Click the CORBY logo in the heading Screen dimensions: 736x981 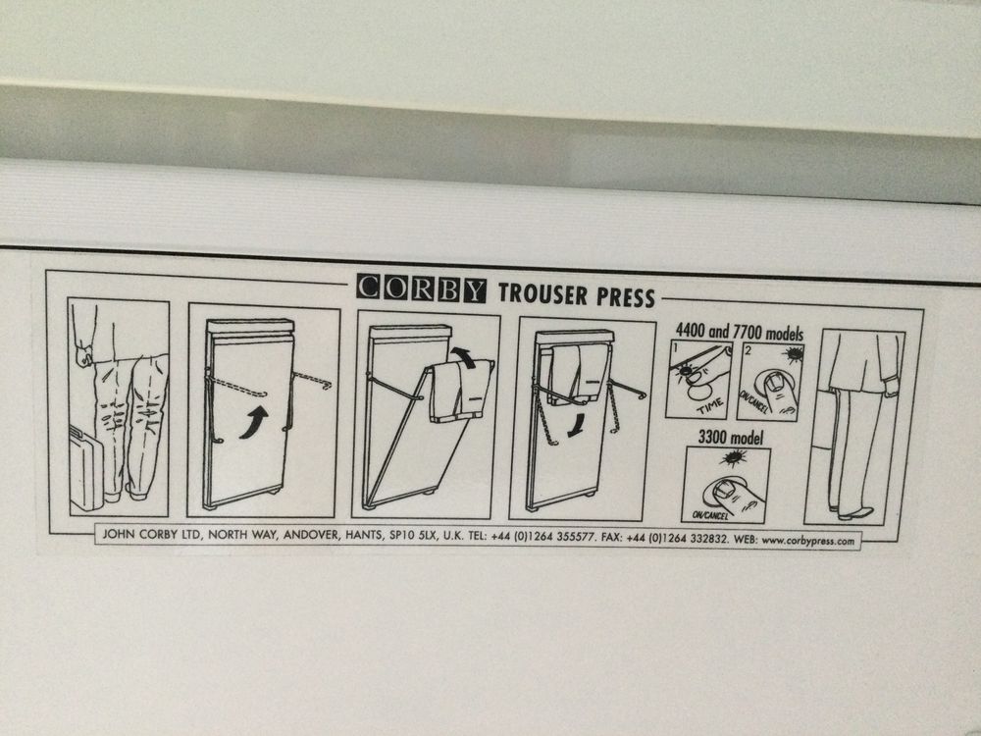[x=421, y=289]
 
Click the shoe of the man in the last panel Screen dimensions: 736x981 [x=856, y=512]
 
